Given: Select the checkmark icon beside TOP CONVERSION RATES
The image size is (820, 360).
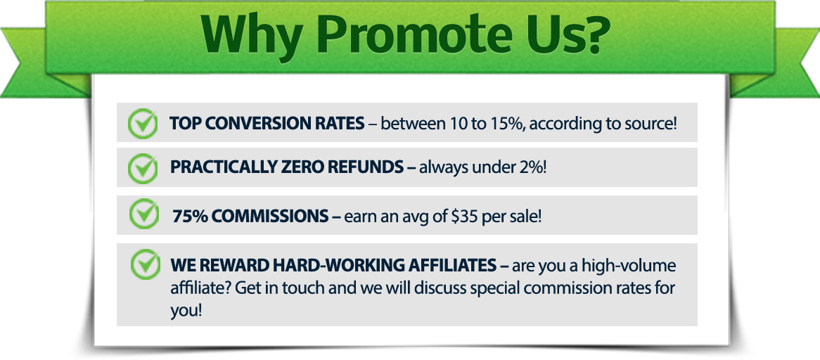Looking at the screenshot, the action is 142,123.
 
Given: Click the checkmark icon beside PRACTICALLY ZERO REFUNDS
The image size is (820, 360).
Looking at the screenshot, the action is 142,168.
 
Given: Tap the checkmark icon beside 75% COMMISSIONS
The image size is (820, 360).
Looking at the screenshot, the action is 143,214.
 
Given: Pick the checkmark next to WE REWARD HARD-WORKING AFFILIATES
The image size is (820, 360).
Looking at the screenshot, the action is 146,264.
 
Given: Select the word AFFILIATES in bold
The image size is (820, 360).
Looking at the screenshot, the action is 447,265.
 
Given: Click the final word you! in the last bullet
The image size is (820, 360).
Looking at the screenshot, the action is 186,310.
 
